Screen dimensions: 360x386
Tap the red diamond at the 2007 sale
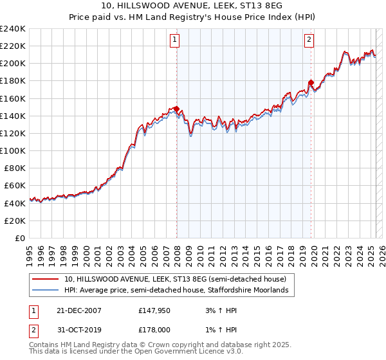(176, 109)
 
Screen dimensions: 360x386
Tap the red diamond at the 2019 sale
(311, 82)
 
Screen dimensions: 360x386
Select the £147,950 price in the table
(156, 310)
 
